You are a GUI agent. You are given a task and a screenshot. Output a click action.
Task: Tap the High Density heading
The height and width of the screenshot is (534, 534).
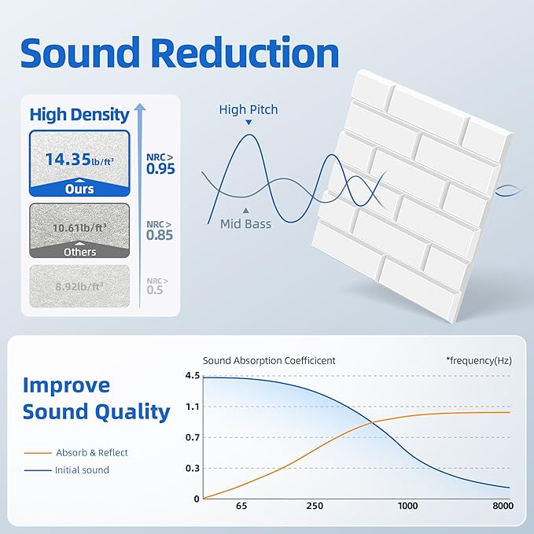tap(79, 114)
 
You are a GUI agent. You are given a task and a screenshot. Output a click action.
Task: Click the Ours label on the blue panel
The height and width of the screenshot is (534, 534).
tap(79, 189)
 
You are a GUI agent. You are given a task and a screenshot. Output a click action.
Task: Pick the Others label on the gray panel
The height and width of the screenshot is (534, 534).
tap(79, 252)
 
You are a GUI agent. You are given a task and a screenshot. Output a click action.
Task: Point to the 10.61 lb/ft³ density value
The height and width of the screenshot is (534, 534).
tap(79, 228)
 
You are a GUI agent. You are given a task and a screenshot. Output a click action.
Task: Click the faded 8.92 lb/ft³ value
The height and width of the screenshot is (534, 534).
tap(79, 288)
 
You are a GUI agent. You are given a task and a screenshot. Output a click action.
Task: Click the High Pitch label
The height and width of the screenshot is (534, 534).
tap(249, 110)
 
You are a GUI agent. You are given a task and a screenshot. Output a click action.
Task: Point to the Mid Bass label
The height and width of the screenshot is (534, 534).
tap(246, 224)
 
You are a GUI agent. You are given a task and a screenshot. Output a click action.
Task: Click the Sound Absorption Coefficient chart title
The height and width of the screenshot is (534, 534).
tap(269, 361)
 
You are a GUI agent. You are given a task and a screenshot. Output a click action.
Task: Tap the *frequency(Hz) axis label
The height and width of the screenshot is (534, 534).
tap(478, 361)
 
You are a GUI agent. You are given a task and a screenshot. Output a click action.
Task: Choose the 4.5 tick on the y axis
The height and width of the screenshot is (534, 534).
tap(192, 375)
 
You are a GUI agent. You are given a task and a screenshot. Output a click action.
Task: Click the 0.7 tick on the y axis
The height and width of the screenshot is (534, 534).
tap(192, 437)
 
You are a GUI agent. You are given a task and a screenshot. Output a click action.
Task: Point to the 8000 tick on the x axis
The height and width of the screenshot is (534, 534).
tap(503, 507)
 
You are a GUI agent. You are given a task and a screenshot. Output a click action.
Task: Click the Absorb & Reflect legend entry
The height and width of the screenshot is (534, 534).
tap(91, 453)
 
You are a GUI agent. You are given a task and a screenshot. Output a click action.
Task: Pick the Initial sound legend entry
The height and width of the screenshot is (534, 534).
tap(82, 470)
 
